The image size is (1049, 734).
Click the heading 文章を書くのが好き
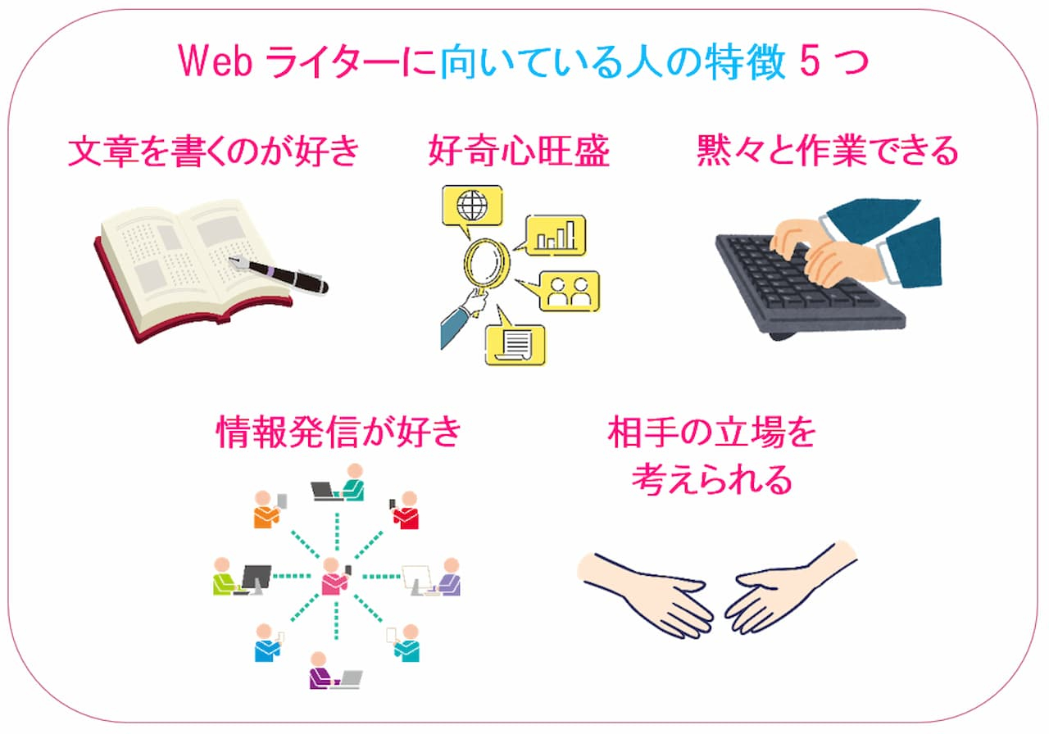(x=213, y=152)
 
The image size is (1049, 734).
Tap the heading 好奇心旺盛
(x=518, y=152)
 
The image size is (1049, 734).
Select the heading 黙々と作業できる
(x=827, y=152)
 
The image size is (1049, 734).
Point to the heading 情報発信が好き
(x=338, y=433)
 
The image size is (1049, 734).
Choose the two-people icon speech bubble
(x=569, y=292)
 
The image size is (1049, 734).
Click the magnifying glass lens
(x=486, y=261)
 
